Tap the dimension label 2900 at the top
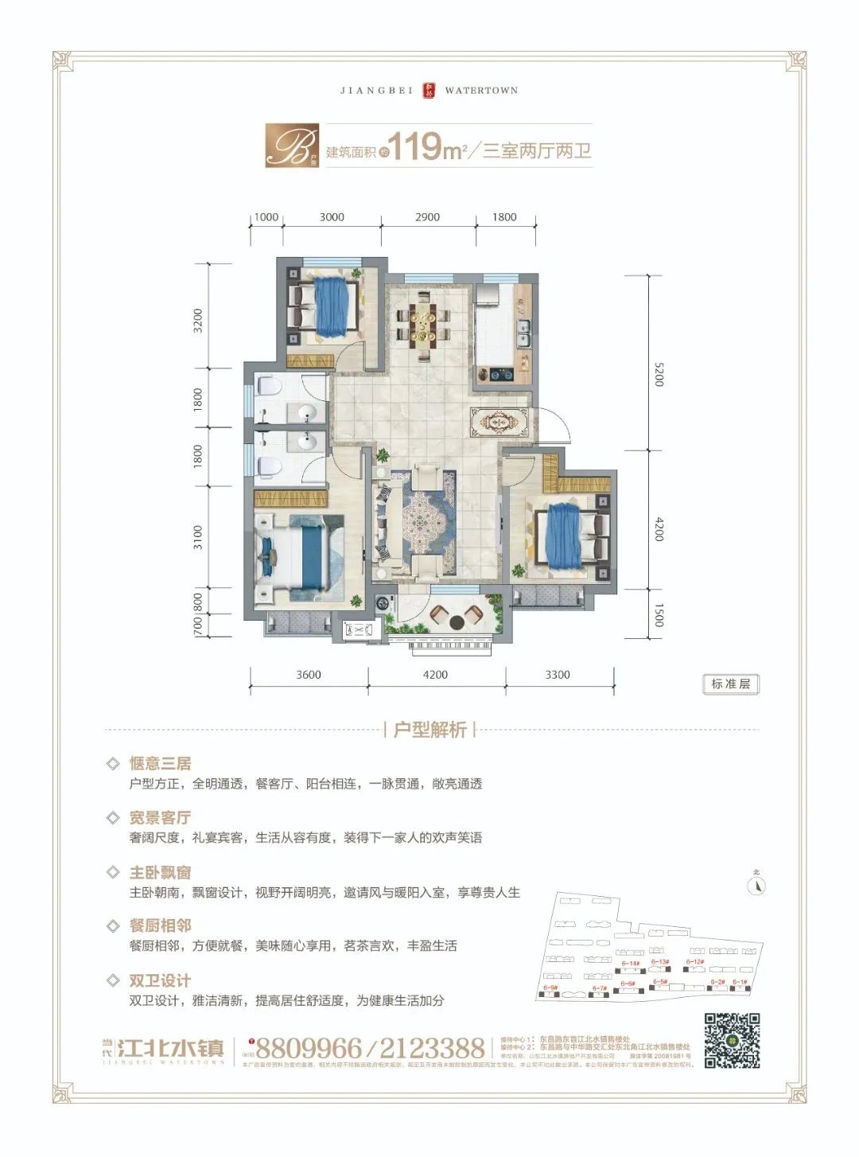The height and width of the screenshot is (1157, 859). [x=427, y=217]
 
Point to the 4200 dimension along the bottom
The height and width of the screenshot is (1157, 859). [x=435, y=675]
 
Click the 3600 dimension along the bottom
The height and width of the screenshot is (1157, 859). [x=309, y=675]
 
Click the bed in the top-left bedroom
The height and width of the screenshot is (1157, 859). [x=326, y=306]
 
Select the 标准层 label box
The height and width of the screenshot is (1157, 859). [x=730, y=684]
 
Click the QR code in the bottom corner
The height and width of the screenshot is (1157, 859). [x=732, y=1040]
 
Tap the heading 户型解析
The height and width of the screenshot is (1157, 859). [x=429, y=730]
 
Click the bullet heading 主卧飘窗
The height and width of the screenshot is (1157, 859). [x=160, y=872]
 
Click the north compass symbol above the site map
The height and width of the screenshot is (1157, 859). [x=757, y=885]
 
